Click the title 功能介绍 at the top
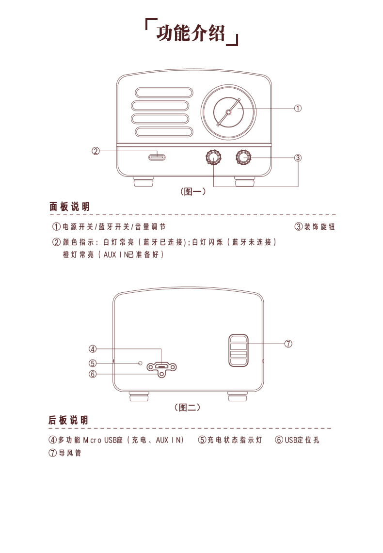191,33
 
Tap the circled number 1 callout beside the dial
298,108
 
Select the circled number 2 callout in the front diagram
96,151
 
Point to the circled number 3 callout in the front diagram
298,158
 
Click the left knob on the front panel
213,158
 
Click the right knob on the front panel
243,157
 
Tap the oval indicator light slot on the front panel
157,157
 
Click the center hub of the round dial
228,112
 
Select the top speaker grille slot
164,93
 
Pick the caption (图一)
193,191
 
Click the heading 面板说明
69,206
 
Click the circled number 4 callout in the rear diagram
93,349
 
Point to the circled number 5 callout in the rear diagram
93,363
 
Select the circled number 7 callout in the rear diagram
288,344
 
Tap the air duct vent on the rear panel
239,350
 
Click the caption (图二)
188,407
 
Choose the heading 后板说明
68,420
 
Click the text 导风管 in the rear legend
70,453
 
